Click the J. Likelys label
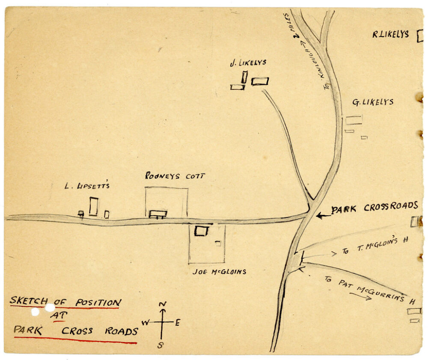(248, 62)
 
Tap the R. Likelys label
(390, 35)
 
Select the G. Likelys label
(372, 102)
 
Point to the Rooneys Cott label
(169, 176)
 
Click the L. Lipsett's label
(87, 186)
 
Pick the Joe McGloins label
(219, 271)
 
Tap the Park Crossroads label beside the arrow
(374, 208)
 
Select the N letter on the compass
(163, 304)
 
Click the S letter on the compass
(160, 345)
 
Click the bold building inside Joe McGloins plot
(201, 231)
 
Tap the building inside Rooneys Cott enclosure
(158, 213)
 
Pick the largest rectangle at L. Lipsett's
(93, 206)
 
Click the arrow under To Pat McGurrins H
(360, 296)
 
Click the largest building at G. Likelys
(354, 120)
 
